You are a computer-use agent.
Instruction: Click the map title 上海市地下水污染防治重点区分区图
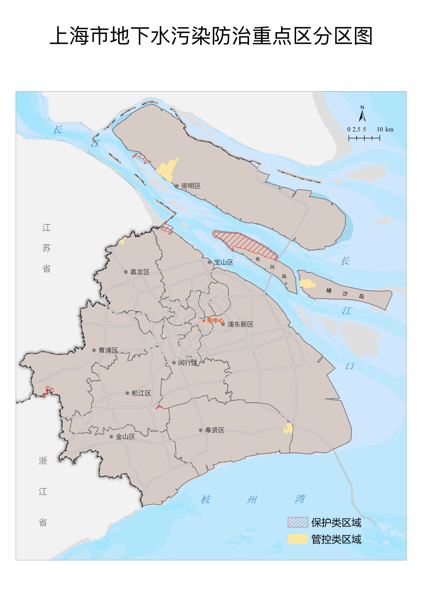coord(211,36)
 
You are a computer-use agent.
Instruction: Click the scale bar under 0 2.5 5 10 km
coord(364,138)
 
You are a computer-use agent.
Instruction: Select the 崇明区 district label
coord(191,186)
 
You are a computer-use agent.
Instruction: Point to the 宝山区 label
coord(223,262)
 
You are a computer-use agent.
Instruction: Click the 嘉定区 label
coord(140,272)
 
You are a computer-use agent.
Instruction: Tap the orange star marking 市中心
coord(204,321)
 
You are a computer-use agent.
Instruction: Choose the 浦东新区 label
coord(240,324)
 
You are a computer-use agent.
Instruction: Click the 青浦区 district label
coord(108,350)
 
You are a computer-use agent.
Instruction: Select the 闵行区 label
coord(188,363)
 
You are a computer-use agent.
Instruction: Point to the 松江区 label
coord(141,393)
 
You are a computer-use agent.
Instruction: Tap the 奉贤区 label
coord(215,430)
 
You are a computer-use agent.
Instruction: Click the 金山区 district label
coord(125,437)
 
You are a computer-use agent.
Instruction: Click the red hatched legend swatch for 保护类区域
coord(298,522)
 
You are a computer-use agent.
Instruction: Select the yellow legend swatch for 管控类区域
coord(298,539)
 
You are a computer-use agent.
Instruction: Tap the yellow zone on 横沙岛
coord(307,283)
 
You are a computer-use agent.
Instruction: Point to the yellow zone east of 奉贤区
coord(288,428)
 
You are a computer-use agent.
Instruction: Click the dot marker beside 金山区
coord(111,437)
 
